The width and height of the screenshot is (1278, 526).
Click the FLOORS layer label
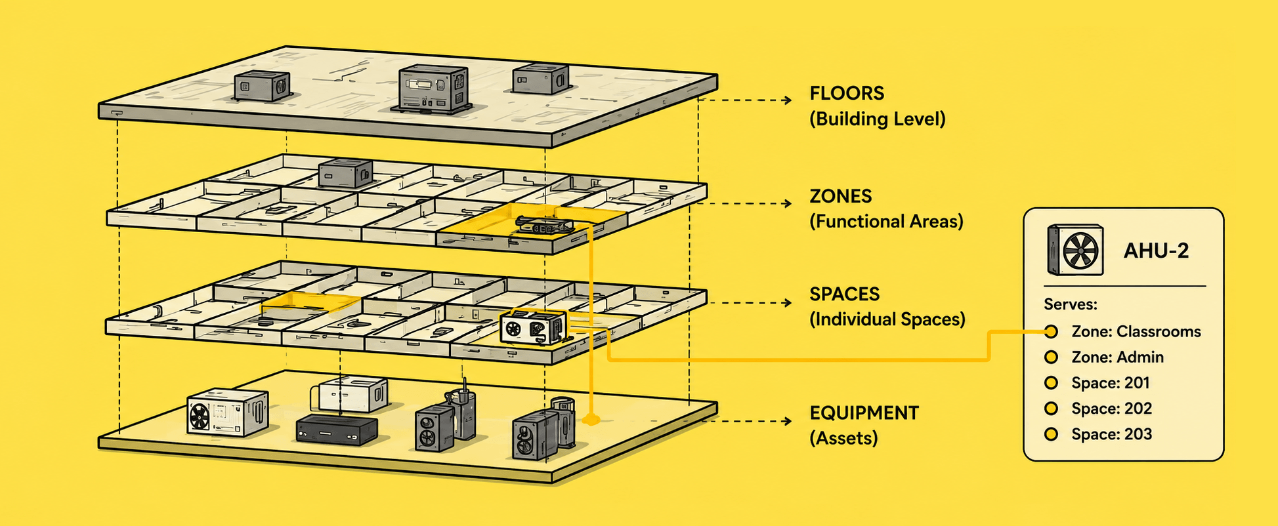click(847, 93)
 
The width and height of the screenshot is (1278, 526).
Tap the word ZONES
click(841, 196)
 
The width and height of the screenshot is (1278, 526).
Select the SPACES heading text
click(844, 294)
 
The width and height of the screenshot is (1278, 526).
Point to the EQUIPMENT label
click(864, 413)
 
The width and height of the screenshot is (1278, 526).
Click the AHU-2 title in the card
click(1156, 251)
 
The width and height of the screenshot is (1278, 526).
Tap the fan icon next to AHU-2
click(1075, 250)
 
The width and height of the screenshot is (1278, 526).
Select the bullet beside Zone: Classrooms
click(1051, 332)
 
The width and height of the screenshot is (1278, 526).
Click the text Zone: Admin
click(1117, 357)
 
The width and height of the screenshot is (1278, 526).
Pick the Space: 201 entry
click(1111, 383)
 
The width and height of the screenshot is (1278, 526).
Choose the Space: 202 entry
click(1111, 409)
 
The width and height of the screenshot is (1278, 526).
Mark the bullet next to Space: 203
click(1051, 434)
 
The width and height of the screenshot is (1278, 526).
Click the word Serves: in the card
click(1071, 304)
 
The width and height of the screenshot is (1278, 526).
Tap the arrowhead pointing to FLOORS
click(788, 100)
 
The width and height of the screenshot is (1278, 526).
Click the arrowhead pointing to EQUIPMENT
click(788, 420)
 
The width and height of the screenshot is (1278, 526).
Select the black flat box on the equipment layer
click(337, 430)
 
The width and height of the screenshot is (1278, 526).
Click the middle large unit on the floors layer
click(433, 89)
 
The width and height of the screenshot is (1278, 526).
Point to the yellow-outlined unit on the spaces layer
click(533, 327)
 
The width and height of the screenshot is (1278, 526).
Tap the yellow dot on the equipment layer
click(591, 419)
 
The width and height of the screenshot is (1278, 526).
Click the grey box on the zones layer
click(345, 172)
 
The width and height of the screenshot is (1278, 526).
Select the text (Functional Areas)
click(886, 222)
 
